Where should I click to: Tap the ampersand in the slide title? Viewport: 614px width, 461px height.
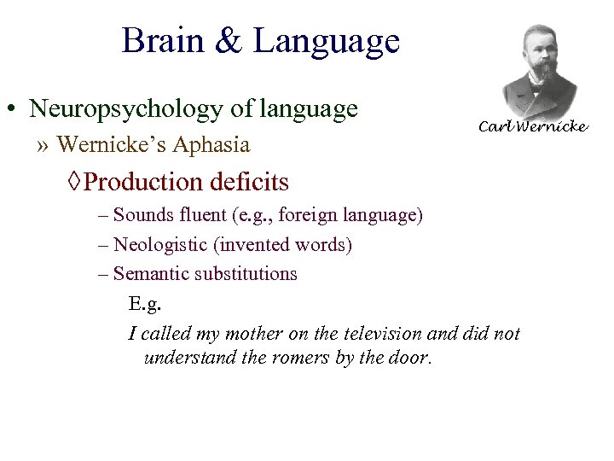coord(229,41)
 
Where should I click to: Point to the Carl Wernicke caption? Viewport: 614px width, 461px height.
coord(532,126)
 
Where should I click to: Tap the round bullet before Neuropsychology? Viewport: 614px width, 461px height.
coord(13,110)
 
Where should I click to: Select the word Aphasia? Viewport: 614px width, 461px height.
coord(211,145)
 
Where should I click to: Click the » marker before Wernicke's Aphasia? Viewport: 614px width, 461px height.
coord(43,145)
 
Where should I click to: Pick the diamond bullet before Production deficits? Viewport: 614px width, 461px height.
coord(75,182)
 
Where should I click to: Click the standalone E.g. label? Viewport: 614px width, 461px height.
coord(144,303)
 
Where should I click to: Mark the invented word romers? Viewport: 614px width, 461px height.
coord(300,357)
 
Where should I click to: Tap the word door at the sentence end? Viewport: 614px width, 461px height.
coord(409,357)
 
